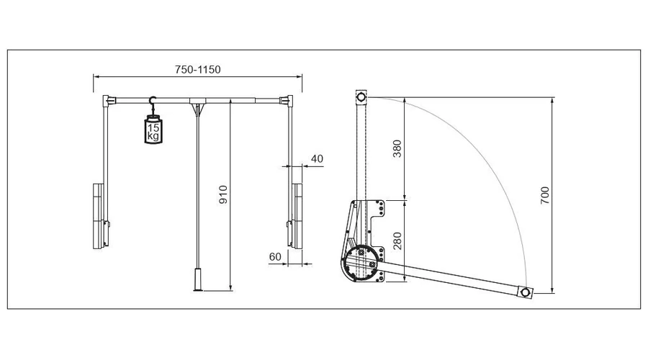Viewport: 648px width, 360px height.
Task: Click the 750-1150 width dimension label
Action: point(197,69)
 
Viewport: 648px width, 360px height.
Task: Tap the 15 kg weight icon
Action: point(153,130)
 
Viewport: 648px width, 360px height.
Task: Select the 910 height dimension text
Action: point(222,194)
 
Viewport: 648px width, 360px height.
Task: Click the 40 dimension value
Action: point(317,158)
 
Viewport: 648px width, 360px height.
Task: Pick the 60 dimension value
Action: point(275,256)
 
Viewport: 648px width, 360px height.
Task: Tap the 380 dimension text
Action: point(397,149)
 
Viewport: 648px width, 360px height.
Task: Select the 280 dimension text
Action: point(397,240)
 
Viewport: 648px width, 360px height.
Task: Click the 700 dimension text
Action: point(545,195)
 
